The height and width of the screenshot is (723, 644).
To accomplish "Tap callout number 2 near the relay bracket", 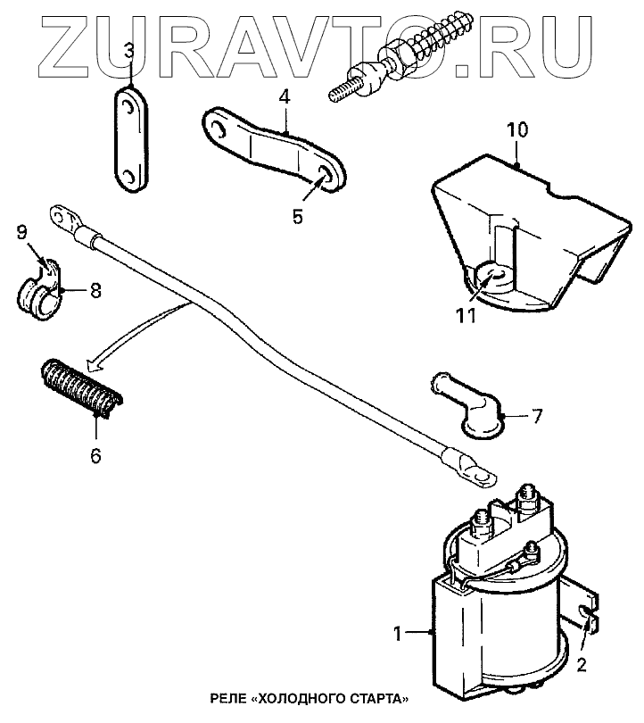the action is (x=582, y=664).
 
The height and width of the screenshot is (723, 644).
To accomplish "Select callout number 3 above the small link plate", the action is (x=129, y=51).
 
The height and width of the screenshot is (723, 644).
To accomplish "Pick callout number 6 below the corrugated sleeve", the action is (x=95, y=455).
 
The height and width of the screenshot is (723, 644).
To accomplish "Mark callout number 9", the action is (x=21, y=233).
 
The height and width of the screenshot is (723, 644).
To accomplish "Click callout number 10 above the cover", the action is (x=517, y=131).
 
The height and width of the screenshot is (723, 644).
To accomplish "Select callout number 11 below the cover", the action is (x=466, y=314).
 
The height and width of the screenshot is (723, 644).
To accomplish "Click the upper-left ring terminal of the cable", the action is (x=64, y=216).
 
